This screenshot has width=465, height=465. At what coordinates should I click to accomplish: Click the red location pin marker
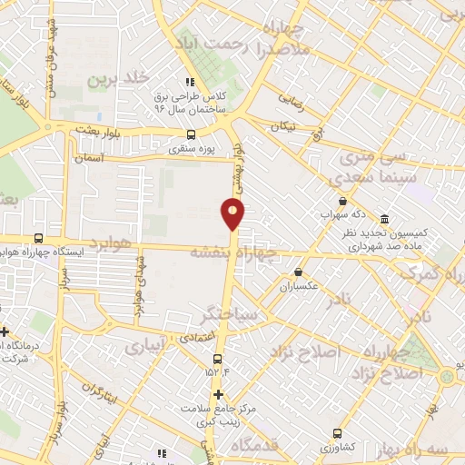click(233, 213)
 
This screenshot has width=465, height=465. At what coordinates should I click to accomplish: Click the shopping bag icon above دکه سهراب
click(341, 202)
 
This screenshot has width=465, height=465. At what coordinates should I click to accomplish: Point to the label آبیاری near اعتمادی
click(144, 346)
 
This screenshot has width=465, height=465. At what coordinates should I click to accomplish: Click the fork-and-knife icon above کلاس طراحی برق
click(190, 81)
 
